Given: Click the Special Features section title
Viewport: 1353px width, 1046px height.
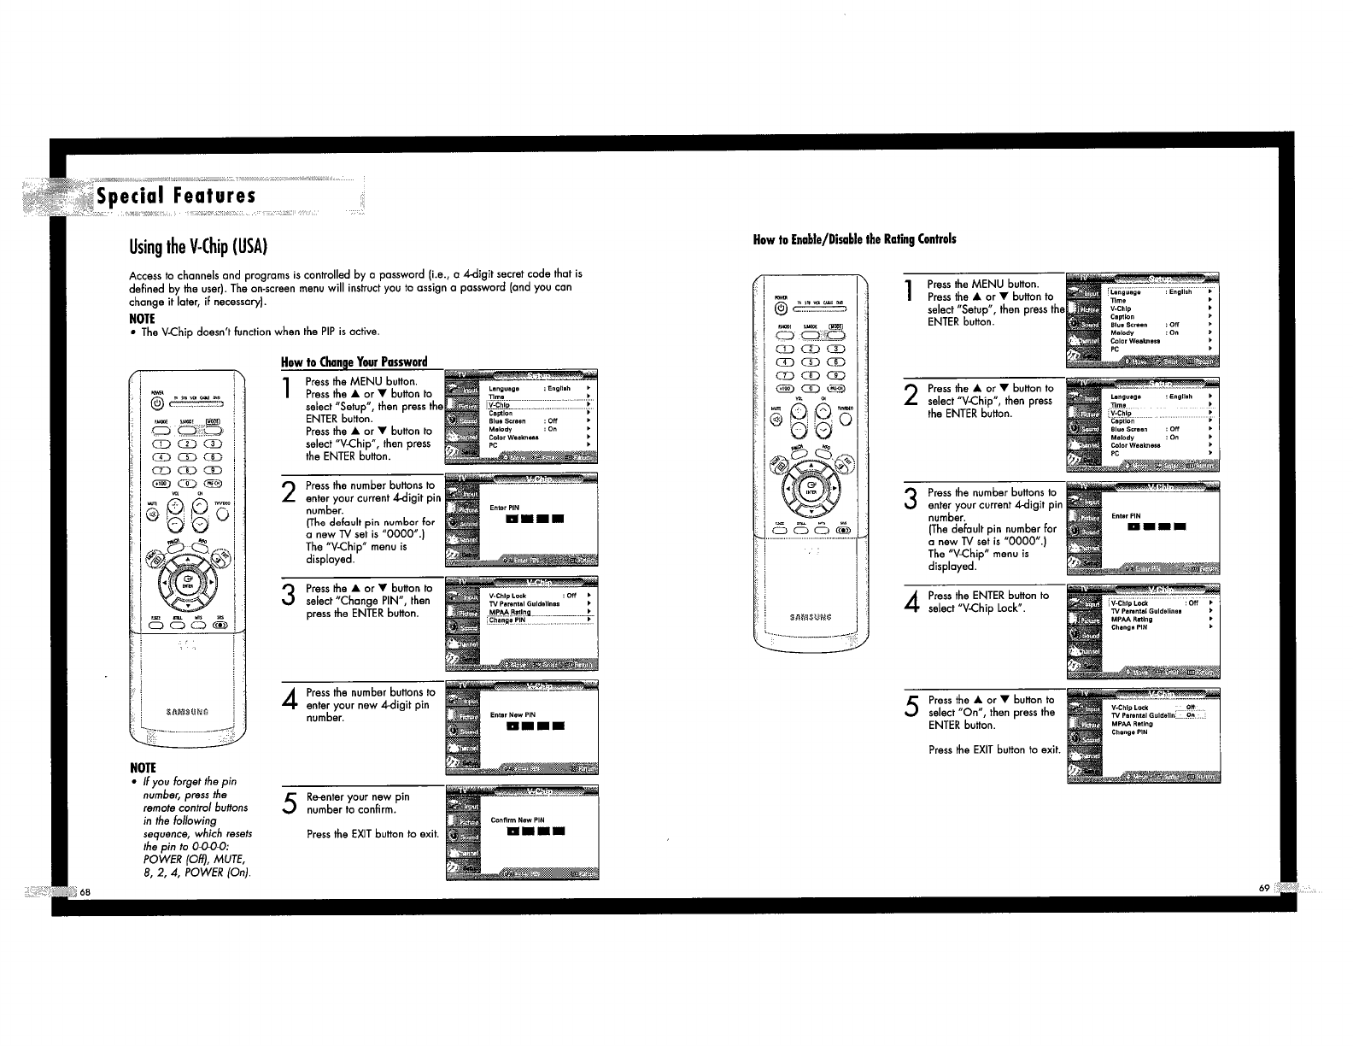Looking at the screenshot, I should pyautogui.click(x=176, y=196).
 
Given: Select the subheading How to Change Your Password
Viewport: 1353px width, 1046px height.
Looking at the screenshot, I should pyautogui.click(x=354, y=361).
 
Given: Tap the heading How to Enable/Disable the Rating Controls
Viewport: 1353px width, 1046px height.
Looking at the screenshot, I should pyautogui.click(x=854, y=239).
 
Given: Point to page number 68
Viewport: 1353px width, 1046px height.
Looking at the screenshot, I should pyautogui.click(x=85, y=892).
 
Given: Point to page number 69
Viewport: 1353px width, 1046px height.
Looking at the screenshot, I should pyautogui.click(x=1264, y=889).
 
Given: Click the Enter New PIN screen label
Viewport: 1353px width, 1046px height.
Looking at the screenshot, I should pyautogui.click(x=512, y=714).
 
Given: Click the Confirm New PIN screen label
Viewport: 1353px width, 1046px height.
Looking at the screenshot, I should pyautogui.click(x=518, y=820).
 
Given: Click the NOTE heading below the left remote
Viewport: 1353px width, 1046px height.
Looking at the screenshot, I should pyautogui.click(x=142, y=767).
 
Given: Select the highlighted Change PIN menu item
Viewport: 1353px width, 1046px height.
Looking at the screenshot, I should pyautogui.click(x=508, y=620).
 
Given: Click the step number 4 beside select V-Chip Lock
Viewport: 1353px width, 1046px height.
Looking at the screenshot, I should pyautogui.click(x=912, y=602).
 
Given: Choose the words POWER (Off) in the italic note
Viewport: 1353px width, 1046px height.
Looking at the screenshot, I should pyautogui.click(x=170, y=859).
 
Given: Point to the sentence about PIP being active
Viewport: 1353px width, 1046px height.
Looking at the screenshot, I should pyautogui.click(x=260, y=332).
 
